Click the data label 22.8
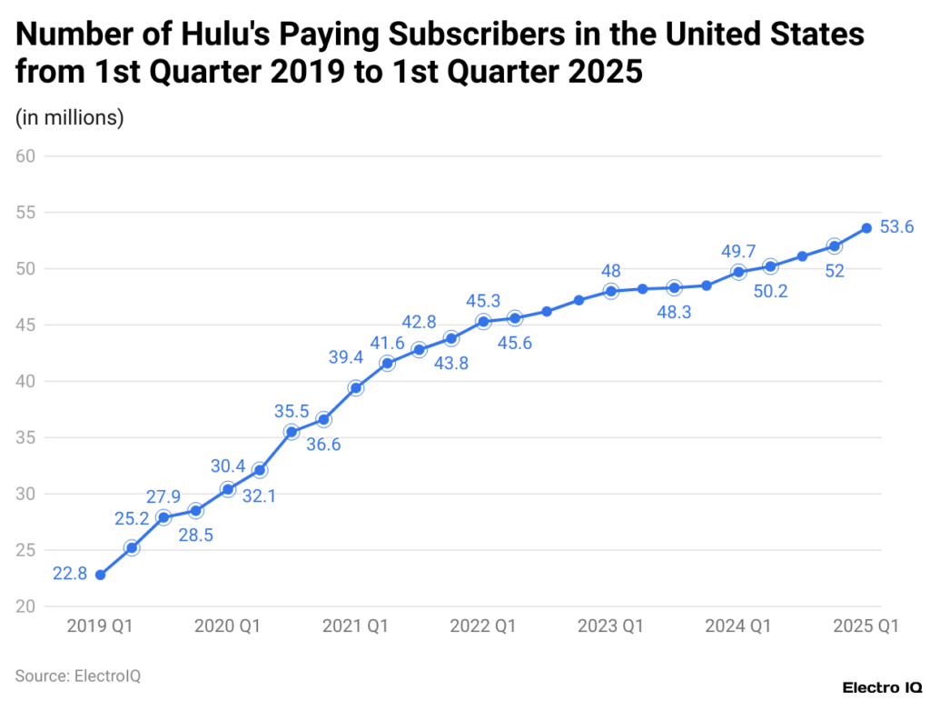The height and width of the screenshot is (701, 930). click(70, 575)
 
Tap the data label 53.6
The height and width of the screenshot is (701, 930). click(896, 227)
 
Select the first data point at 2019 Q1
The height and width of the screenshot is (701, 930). click(100, 575)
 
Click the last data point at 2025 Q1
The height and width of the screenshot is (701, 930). click(866, 227)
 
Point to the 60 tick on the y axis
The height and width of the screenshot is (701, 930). click(25, 156)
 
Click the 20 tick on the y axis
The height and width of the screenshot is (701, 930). click(25, 606)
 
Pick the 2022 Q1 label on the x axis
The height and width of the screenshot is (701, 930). click(483, 626)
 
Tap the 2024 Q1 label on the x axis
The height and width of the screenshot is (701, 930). click(738, 626)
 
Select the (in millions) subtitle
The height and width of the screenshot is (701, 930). click(70, 117)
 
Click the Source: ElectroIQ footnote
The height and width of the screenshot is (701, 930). click(78, 676)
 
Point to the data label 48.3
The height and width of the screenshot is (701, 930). click(674, 312)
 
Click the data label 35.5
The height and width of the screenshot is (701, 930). click(292, 412)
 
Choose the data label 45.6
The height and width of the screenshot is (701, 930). click(514, 343)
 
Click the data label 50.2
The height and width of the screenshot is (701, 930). click(770, 291)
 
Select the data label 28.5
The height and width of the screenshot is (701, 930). click(195, 535)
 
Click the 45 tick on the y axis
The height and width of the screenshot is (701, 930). click(25, 325)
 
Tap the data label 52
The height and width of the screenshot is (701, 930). click(834, 271)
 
